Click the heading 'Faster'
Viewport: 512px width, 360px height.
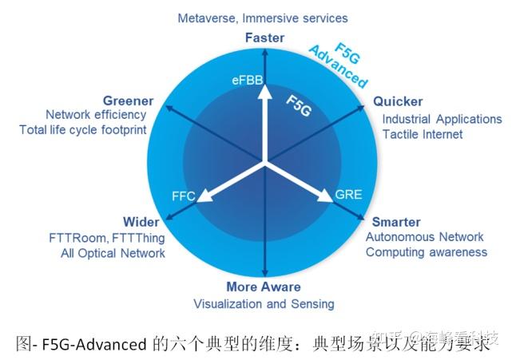click(265, 38)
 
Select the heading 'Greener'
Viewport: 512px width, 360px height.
click(128, 101)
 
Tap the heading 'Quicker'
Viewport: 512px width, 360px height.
click(398, 102)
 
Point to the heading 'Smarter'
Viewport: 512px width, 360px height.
click(396, 222)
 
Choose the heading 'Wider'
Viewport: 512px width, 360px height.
click(141, 222)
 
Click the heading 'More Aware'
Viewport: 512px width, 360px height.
click(264, 287)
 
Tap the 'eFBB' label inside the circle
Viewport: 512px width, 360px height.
click(245, 81)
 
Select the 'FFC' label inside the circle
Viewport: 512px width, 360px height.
click(185, 195)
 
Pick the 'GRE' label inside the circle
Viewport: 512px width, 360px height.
click(348, 195)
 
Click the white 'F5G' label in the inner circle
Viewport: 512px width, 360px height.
click(299, 105)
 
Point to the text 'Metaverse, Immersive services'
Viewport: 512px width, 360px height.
click(263, 18)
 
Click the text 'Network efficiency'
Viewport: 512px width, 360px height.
click(96, 115)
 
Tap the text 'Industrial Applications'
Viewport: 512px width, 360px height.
click(442, 120)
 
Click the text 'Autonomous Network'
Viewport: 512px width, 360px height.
click(424, 237)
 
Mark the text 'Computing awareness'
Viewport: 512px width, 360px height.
click(426, 252)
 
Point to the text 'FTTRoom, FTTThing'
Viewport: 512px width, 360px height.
click(107, 238)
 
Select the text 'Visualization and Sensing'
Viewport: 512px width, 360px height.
click(264, 304)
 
